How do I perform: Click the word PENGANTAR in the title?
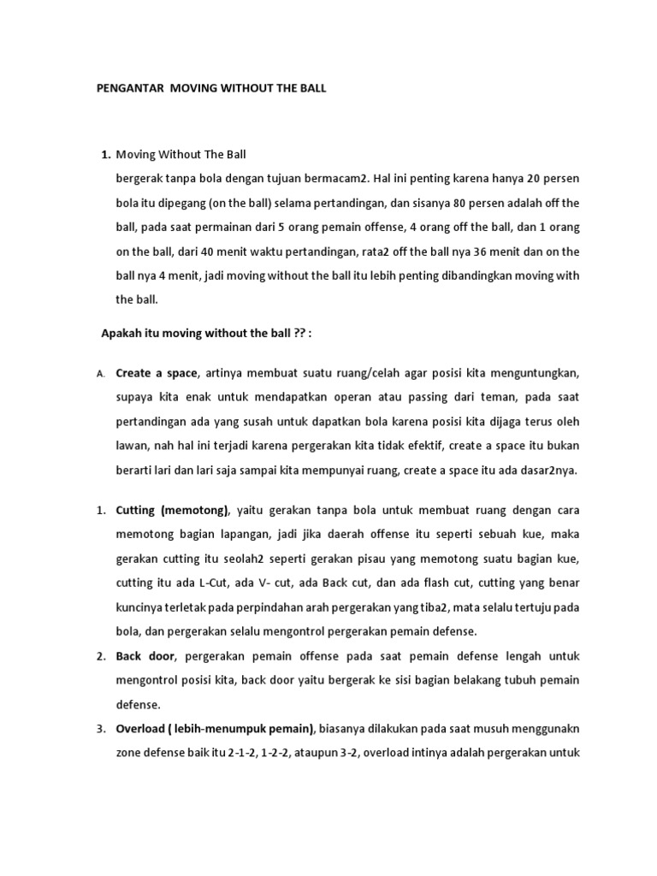pos(127,88)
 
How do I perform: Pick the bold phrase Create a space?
pos(157,374)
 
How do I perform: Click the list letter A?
pos(99,375)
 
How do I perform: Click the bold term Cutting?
pos(136,511)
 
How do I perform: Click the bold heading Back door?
pos(145,656)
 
